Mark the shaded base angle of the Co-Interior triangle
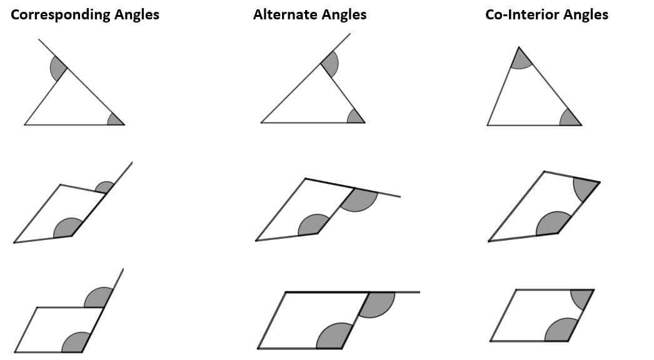click(x=570, y=119)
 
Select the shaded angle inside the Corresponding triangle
click(x=116, y=119)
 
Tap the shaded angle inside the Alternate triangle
click(x=356, y=117)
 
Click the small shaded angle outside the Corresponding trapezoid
click(x=105, y=187)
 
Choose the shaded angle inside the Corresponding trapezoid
click(x=68, y=229)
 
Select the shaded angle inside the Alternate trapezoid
click(x=313, y=225)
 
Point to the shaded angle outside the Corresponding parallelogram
click(x=99, y=298)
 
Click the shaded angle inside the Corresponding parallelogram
click(x=76, y=342)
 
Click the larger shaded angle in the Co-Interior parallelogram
click(x=560, y=331)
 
